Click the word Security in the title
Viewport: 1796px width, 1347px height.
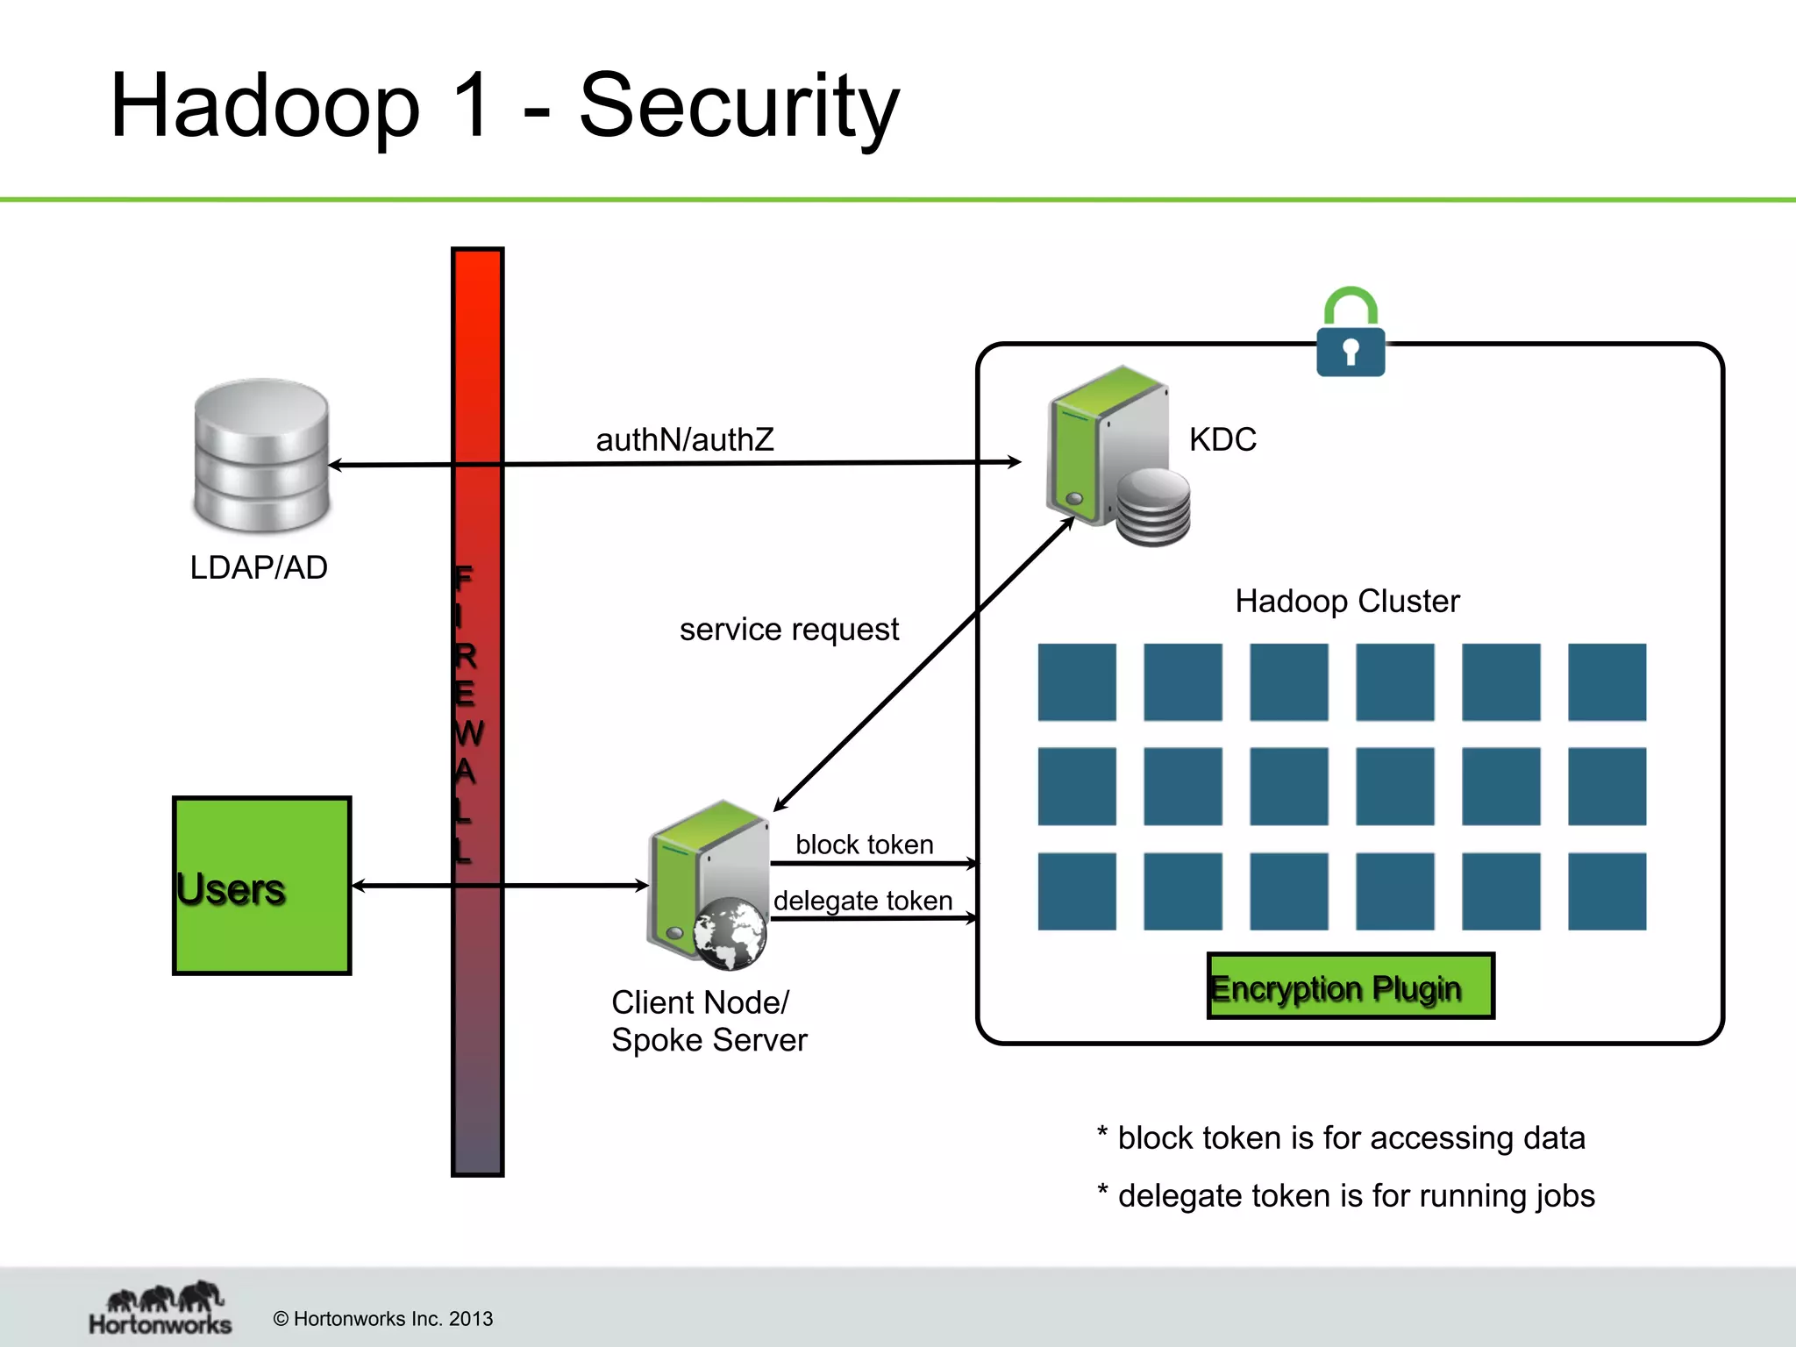738,107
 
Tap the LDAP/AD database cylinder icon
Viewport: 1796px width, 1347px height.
261,456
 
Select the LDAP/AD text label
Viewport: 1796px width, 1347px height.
259,568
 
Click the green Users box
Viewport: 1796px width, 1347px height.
261,886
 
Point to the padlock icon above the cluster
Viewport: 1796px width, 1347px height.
1351,333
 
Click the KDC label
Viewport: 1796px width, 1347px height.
1222,439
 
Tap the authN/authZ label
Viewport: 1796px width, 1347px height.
685,439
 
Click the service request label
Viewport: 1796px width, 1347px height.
788,630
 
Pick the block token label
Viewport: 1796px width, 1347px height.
864,845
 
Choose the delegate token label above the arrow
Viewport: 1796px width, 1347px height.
862,901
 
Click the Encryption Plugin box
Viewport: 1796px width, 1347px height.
1350,986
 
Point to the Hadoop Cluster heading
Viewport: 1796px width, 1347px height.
1347,602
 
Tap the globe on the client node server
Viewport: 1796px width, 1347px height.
729,933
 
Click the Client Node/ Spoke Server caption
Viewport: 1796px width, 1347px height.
709,1021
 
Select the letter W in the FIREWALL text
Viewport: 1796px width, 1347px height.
468,733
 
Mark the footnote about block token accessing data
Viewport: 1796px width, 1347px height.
1342,1138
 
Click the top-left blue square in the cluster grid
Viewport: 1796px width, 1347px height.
1076,682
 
